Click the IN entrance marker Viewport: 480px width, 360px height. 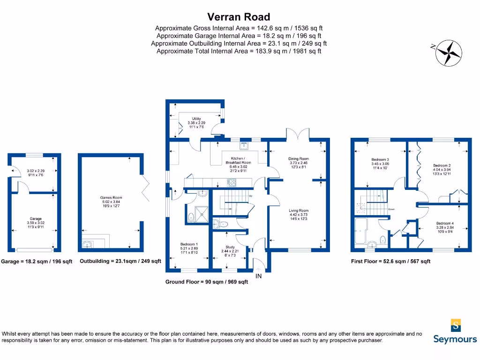click(258, 277)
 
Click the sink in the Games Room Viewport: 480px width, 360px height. click(88, 244)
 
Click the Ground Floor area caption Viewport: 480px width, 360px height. click(206, 282)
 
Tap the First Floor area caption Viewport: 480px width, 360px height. click(390, 262)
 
